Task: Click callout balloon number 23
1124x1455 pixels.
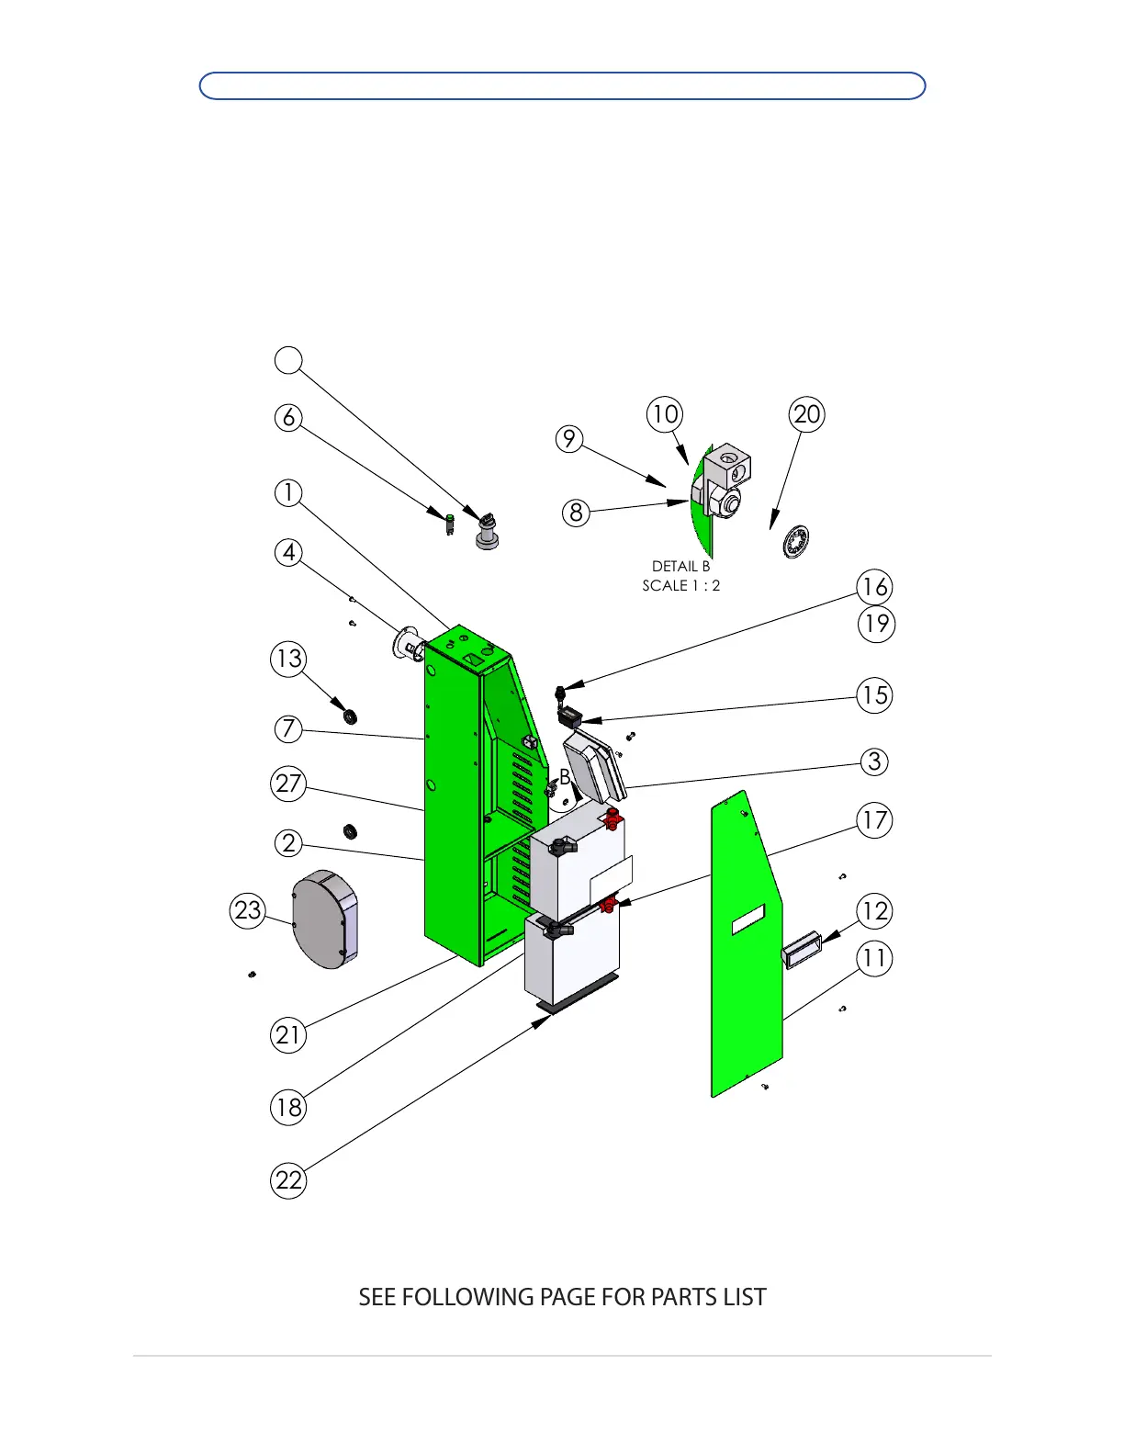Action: pos(248,910)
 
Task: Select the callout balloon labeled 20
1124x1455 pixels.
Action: pos(806,414)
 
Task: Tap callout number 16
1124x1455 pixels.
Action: pos(875,587)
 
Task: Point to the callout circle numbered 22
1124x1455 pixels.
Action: pos(288,1180)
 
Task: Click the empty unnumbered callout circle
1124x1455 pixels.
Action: pos(288,360)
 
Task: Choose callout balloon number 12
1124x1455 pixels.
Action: pos(875,911)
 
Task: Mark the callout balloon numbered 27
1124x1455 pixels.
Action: pos(288,784)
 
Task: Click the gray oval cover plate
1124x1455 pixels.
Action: pos(325,919)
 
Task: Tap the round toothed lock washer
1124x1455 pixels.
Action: pos(796,542)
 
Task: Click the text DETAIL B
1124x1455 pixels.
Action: pos(680,567)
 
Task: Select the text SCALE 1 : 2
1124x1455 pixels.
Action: pos(680,586)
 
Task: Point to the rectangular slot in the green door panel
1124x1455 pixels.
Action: pos(748,919)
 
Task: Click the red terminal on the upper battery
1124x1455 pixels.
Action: pos(612,819)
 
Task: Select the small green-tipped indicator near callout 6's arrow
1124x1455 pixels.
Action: pos(449,524)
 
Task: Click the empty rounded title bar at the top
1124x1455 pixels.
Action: pos(562,85)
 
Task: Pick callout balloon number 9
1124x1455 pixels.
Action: pos(569,439)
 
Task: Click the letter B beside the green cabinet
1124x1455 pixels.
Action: pos(565,777)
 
